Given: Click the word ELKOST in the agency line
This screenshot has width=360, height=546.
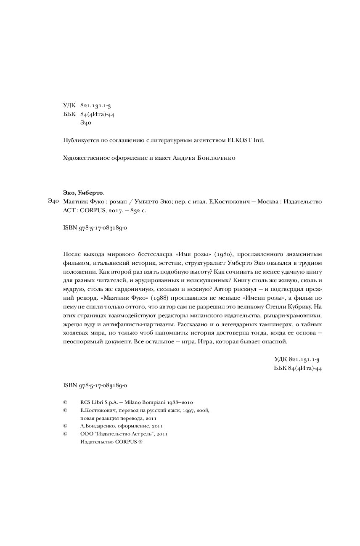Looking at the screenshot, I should [239, 140].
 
